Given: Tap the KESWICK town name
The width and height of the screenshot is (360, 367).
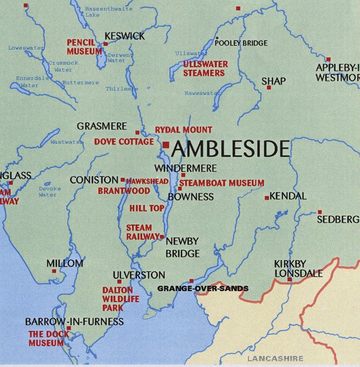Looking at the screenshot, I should [125, 36].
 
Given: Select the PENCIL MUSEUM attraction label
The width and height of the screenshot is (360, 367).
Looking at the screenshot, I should [84, 47].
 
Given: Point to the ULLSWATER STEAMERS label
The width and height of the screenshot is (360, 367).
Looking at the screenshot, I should [205, 69].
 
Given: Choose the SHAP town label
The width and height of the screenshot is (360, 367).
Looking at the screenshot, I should [273, 81].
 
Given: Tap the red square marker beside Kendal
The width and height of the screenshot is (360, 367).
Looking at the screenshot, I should [266, 198].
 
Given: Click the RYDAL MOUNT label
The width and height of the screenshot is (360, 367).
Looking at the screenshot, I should [183, 130].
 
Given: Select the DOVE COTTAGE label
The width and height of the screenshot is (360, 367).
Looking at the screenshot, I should [124, 142].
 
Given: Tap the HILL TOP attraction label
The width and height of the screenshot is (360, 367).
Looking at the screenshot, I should [146, 208].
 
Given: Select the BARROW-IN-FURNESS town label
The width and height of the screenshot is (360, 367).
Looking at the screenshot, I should [74, 322].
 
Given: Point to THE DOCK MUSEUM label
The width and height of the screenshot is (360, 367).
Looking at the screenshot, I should [46, 338].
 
